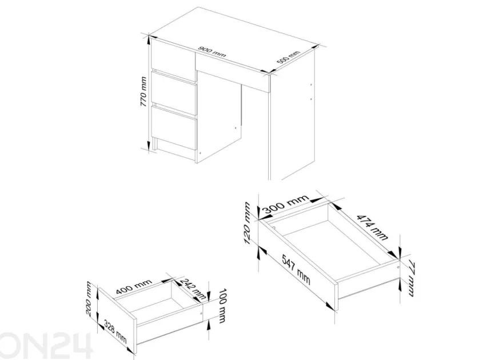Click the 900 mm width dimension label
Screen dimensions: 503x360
(x=212, y=52)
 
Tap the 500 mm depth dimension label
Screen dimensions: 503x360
(x=289, y=57)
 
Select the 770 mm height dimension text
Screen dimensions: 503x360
(x=143, y=93)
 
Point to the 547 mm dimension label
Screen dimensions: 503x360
(x=296, y=269)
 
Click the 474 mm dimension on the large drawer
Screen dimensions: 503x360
(x=373, y=227)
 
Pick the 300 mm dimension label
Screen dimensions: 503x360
(x=285, y=204)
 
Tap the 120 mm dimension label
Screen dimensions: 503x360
(x=247, y=223)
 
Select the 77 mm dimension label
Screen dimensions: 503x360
(x=412, y=279)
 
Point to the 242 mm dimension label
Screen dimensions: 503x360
(x=193, y=289)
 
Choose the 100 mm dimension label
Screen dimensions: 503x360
(x=222, y=306)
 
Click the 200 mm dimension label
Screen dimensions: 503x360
(x=90, y=298)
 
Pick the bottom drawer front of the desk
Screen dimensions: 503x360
(x=174, y=127)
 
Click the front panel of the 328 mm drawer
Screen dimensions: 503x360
(x=118, y=317)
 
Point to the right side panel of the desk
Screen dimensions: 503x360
(x=293, y=115)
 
